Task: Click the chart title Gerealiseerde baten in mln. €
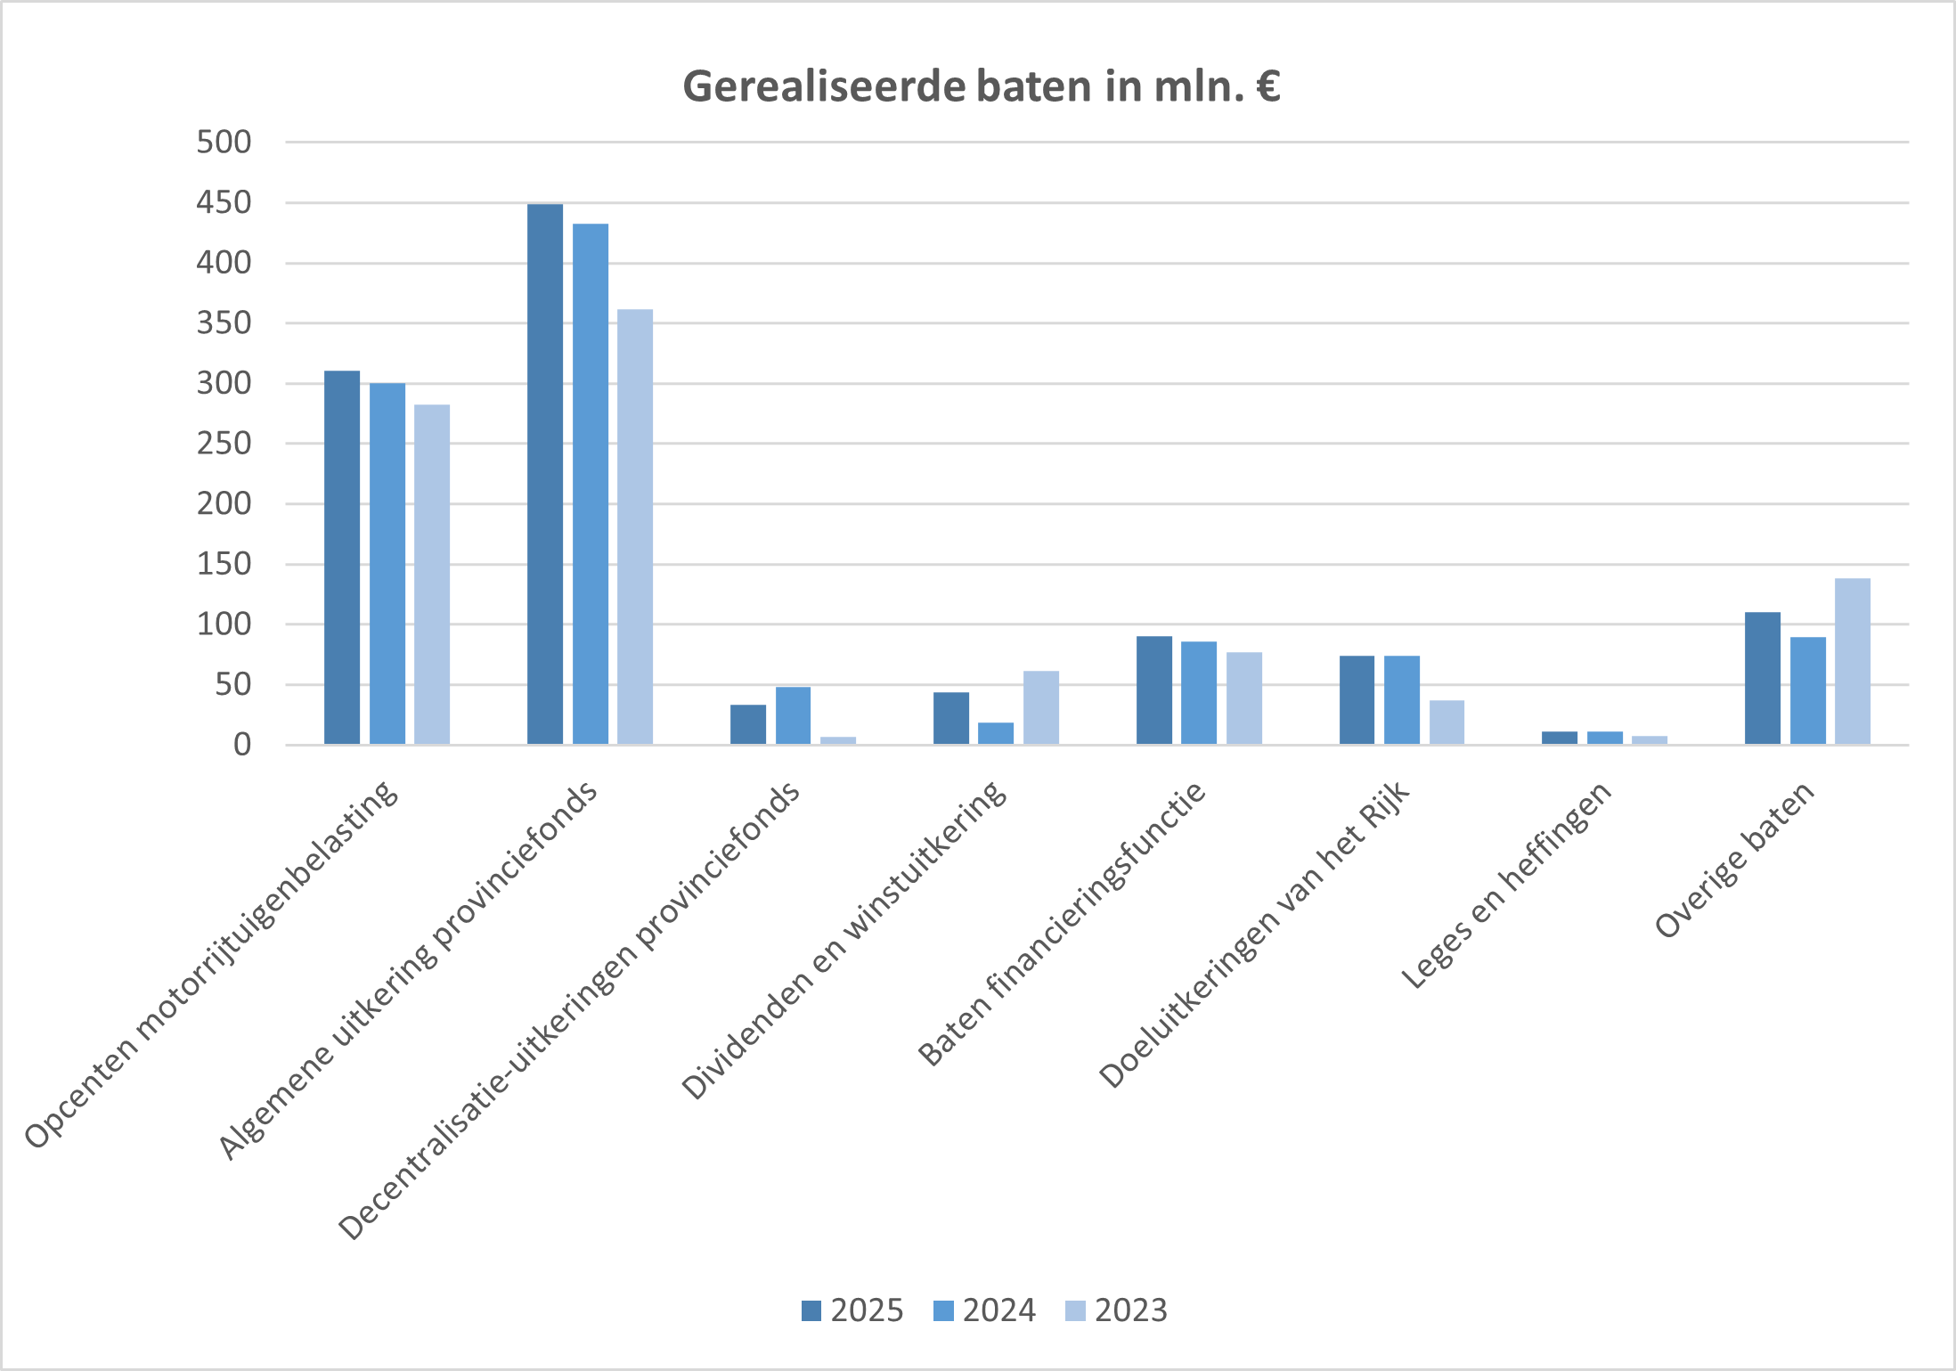tap(981, 87)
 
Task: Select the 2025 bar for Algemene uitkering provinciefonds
tap(545, 474)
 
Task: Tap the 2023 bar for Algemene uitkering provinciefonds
tap(635, 526)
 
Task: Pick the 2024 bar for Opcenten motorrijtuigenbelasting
tap(387, 563)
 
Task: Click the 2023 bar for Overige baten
tap(1853, 661)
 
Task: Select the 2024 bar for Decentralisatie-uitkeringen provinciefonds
tap(793, 715)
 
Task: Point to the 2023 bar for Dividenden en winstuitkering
tap(1041, 707)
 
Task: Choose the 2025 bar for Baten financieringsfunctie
tap(1154, 690)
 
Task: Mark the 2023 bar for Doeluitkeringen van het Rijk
tap(1447, 722)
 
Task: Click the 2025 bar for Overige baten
tap(1763, 678)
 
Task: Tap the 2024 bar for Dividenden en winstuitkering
tap(996, 733)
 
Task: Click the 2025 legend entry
tap(852, 1310)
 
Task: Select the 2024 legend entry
tap(984, 1310)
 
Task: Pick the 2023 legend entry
tap(1116, 1310)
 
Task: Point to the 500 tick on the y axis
tap(224, 142)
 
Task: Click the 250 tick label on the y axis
tap(224, 444)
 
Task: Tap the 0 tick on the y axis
tap(242, 745)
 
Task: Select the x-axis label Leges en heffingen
tap(1507, 884)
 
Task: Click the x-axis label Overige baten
tap(1735, 859)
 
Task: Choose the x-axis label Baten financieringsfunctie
tap(1063, 923)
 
